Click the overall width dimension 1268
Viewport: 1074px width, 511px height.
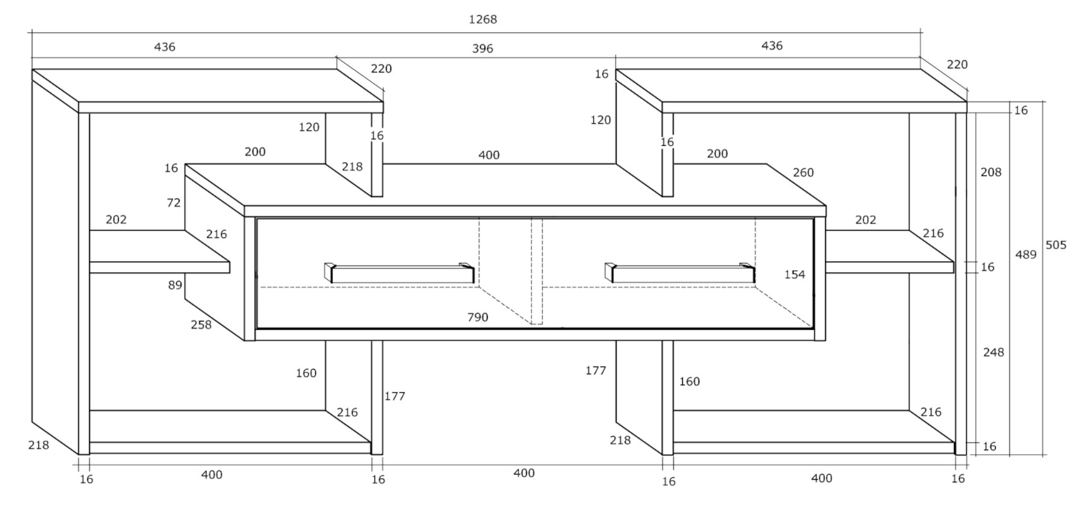[x=483, y=20]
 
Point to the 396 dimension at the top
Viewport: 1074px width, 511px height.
[x=483, y=49]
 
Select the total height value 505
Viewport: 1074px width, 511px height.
[x=1056, y=245]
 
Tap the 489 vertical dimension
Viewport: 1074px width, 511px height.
[x=1025, y=255]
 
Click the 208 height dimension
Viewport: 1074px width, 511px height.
[x=991, y=172]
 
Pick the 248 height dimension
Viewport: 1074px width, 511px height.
[x=993, y=352]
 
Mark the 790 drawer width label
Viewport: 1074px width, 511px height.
[x=478, y=317]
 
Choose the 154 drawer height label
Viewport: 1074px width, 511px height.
[x=795, y=274]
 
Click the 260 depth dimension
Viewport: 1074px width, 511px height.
[x=803, y=172]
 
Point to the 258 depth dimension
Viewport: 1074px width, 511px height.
[x=201, y=325]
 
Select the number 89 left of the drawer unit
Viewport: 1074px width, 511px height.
[x=174, y=285]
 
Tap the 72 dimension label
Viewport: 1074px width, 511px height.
[x=174, y=203]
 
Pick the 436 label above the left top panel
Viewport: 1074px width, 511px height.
[x=165, y=47]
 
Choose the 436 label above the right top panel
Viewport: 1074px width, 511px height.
[x=772, y=45]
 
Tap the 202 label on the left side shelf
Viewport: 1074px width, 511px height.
[x=116, y=220]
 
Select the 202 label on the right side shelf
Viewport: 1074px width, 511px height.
[x=866, y=220]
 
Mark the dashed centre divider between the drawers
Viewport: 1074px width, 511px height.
[x=536, y=272]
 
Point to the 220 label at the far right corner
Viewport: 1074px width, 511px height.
[x=957, y=64]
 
